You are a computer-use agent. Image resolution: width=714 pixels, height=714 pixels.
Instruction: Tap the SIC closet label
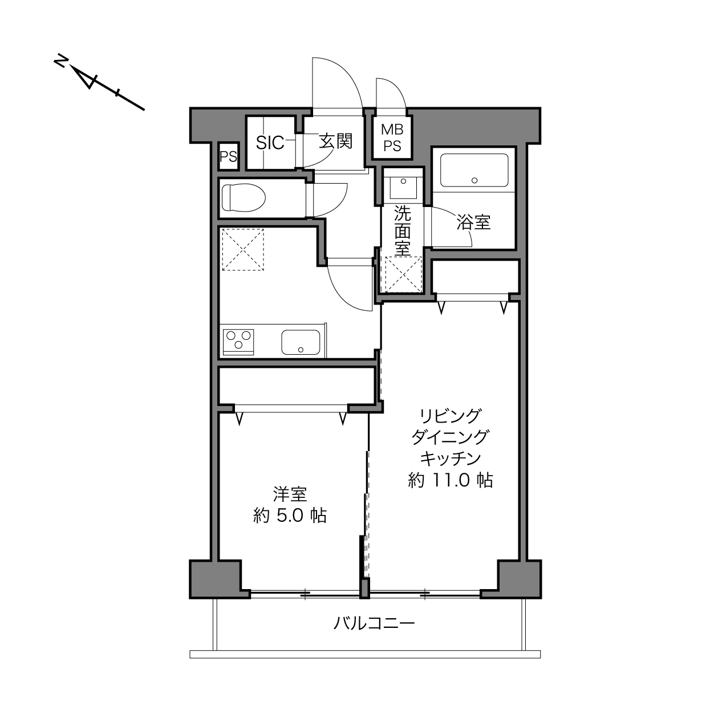tap(270, 143)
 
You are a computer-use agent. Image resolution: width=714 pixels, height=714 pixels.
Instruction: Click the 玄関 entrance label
tap(336, 141)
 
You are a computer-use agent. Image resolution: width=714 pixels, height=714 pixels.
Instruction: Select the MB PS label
tap(392, 138)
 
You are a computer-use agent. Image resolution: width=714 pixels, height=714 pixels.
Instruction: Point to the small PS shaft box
tap(228, 156)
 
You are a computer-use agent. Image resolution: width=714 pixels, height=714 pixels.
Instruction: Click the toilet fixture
tap(244, 197)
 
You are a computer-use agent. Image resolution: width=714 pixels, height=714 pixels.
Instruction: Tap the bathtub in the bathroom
tap(474, 171)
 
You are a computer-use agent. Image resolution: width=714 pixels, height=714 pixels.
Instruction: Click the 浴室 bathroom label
tap(473, 222)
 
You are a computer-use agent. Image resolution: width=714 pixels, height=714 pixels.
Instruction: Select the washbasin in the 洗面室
tap(403, 188)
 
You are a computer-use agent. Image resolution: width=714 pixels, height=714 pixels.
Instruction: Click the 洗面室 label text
tap(403, 230)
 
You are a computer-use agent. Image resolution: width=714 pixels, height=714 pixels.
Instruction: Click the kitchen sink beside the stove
tap(301, 342)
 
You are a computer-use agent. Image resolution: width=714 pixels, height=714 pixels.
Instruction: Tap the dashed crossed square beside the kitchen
tap(243, 250)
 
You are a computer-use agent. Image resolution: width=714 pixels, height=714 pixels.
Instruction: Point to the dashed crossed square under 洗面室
tap(404, 275)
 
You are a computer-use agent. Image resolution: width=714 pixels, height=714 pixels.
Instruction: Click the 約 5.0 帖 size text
tap(290, 516)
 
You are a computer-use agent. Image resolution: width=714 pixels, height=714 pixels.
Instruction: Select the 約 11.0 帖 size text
tap(451, 481)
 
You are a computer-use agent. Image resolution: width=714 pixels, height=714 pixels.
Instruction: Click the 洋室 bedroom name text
tap(290, 494)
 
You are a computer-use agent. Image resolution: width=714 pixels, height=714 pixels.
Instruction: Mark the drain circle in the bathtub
tap(474, 180)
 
